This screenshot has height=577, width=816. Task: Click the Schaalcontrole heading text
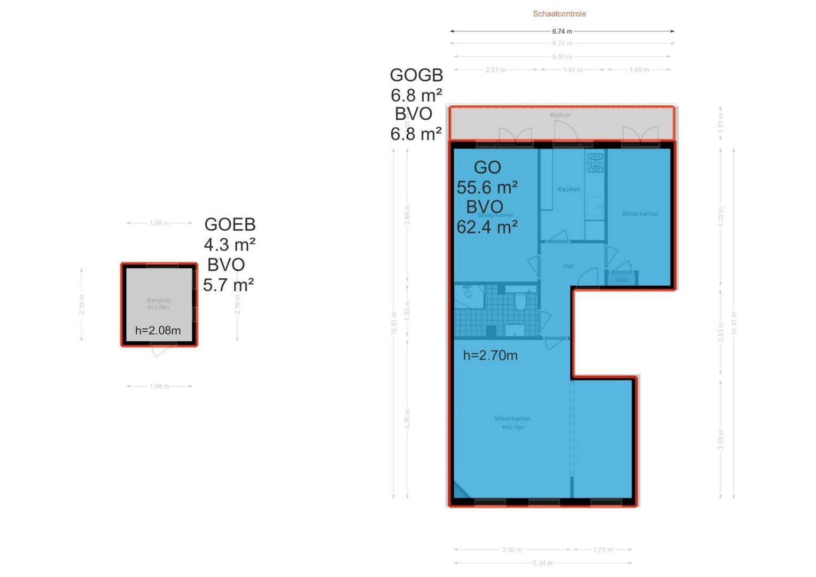[x=559, y=14]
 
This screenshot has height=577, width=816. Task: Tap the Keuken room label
[x=569, y=189]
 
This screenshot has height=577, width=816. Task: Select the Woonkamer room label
[x=512, y=419]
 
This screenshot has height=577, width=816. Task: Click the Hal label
[x=568, y=266]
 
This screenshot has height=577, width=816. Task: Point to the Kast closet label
[x=621, y=280]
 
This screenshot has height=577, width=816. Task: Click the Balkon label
[x=561, y=115]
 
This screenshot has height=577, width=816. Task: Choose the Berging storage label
[x=159, y=300]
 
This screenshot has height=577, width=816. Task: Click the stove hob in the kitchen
[x=595, y=163]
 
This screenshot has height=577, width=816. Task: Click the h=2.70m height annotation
[x=490, y=355]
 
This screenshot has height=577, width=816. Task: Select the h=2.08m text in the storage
[x=158, y=331]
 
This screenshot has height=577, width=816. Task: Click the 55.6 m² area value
[x=487, y=188]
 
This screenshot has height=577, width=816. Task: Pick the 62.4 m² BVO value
[x=487, y=228]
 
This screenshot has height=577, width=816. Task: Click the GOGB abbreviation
[x=416, y=75]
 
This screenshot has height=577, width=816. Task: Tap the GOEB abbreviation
[x=230, y=224]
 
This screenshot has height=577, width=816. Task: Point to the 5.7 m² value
[x=228, y=285]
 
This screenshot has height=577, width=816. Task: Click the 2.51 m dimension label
[x=495, y=70]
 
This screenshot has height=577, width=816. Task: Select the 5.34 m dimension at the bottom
[x=542, y=563]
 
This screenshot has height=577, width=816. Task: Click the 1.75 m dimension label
[x=603, y=550]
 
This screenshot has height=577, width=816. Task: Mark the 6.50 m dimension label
[x=562, y=57]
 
